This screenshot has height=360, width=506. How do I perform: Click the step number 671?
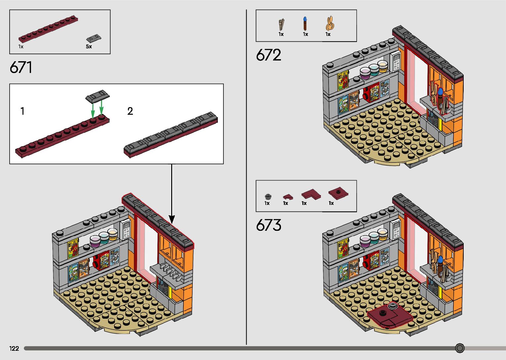tap(21, 67)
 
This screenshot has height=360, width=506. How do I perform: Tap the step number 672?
tap(268, 55)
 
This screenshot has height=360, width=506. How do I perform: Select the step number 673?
tap(268, 225)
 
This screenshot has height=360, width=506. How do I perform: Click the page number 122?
tap(14, 348)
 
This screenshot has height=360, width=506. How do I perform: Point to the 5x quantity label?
tap(89, 47)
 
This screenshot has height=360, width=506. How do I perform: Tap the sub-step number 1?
tap(22, 111)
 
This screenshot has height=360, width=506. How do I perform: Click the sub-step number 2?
tap(130, 111)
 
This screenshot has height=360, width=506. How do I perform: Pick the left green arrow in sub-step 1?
tap(93, 109)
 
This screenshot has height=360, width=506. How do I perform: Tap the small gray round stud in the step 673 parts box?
tap(268, 197)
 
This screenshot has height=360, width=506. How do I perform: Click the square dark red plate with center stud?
tap(338, 192)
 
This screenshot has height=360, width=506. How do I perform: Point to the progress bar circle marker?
tap(460, 348)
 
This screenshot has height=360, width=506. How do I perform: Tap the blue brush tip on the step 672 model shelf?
tap(440, 91)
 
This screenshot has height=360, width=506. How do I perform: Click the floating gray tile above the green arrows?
tap(97, 97)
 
